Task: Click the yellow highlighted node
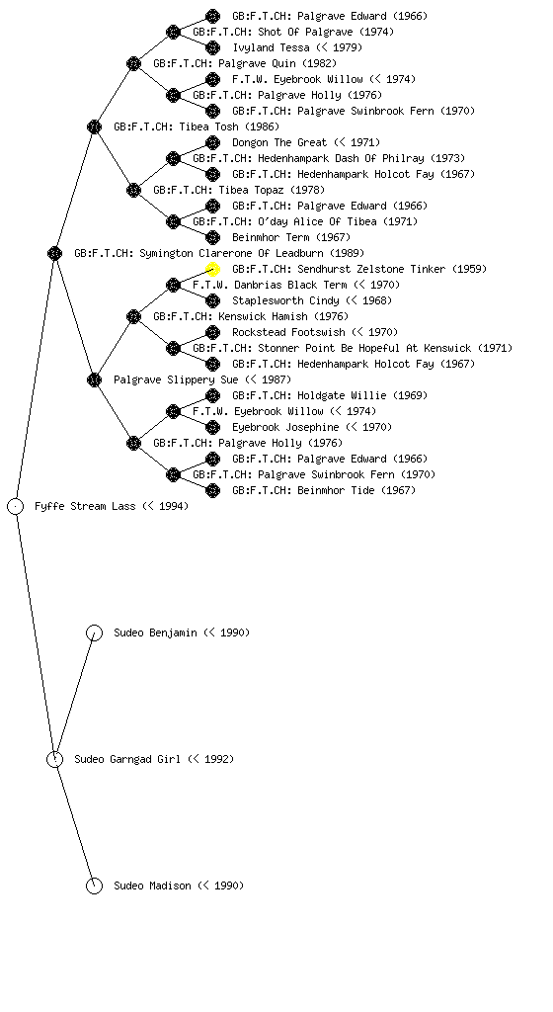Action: pos(212,269)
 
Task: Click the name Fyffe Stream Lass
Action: pos(85,506)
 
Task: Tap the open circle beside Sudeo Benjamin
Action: pos(94,633)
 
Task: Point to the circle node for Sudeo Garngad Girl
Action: pos(54,760)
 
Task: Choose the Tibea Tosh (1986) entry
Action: pos(197,126)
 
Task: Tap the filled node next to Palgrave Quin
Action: pos(133,63)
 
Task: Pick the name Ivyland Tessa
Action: pos(272,47)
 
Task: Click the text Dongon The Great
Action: pos(279,142)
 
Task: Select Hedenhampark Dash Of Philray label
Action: pos(341,158)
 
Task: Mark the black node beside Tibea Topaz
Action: pos(133,190)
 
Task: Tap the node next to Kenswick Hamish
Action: pos(133,316)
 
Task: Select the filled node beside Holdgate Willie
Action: pos(212,395)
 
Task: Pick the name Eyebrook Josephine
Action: pos(285,427)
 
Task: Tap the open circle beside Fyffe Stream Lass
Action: pos(16,507)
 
